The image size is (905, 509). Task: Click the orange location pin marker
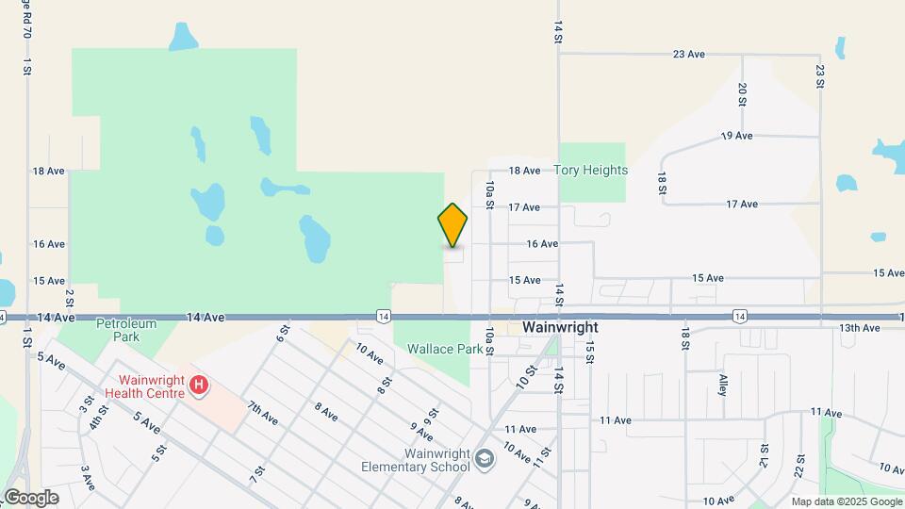(x=452, y=225)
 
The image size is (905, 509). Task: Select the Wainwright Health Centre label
(x=144, y=386)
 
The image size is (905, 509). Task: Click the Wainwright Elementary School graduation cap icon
(x=485, y=459)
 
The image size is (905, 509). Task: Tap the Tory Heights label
(x=591, y=171)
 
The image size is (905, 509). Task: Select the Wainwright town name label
(x=560, y=327)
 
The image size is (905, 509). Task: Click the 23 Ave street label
(x=689, y=55)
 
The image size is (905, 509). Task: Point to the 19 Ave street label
(x=736, y=136)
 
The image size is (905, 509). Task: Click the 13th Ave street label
(x=859, y=328)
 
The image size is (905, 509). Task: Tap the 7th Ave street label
(x=263, y=412)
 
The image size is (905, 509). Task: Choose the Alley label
(x=723, y=384)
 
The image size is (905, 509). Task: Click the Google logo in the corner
(x=31, y=498)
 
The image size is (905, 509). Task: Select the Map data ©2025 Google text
(x=845, y=501)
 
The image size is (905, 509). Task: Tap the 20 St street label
(x=743, y=94)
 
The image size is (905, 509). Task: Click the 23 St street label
(x=820, y=77)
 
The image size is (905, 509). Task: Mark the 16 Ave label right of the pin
(x=542, y=243)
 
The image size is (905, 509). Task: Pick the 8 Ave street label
(x=325, y=412)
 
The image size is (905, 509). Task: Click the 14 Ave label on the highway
(x=204, y=319)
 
